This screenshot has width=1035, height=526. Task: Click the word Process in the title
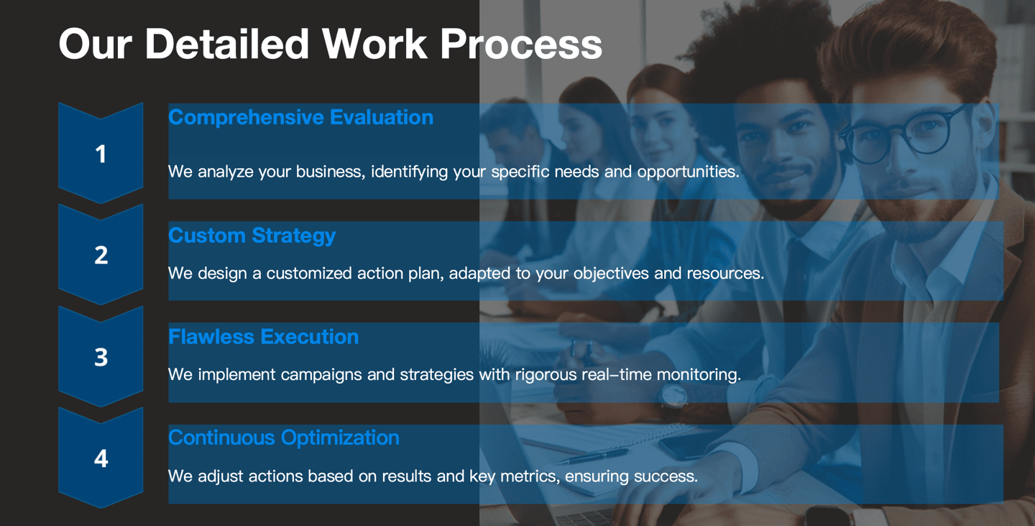tap(520, 45)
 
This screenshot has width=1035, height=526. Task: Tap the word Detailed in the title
tap(227, 44)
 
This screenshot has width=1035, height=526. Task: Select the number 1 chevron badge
tap(101, 153)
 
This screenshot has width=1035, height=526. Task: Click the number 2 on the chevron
tap(101, 255)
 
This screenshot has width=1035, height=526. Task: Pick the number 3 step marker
tap(101, 356)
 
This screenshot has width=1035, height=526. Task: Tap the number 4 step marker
tap(101, 458)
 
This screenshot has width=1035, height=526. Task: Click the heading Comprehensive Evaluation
tap(300, 118)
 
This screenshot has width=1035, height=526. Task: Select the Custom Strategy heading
tap(252, 236)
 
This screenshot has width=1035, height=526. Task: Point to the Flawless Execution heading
tap(263, 337)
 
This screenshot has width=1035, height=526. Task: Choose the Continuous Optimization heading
tap(284, 438)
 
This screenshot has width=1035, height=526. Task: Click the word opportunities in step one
tap(688, 172)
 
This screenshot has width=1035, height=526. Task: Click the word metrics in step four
tap(530, 476)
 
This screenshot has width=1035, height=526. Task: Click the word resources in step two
tap(725, 273)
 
